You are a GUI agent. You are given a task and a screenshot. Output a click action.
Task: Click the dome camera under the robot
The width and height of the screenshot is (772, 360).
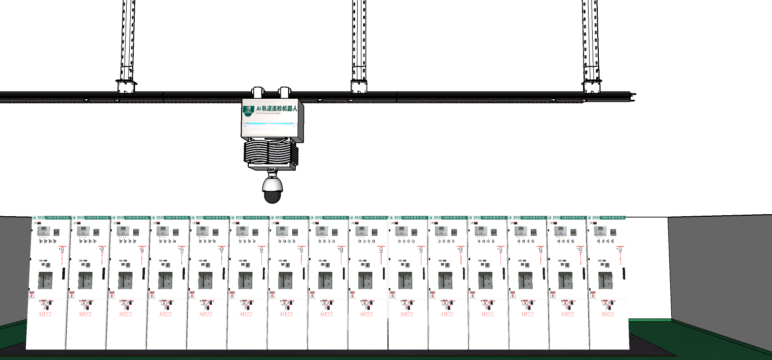[272, 190]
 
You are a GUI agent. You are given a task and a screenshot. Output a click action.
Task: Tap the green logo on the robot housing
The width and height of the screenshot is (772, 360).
[248, 109]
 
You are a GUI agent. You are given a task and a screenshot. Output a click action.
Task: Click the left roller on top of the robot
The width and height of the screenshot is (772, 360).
[258, 92]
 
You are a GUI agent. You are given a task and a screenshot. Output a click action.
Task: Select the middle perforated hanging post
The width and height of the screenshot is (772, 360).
[359, 41]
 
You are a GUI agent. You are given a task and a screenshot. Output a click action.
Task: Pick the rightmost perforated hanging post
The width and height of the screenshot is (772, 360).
[591, 41]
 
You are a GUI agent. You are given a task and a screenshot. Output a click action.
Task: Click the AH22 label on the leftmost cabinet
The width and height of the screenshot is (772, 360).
[45, 314]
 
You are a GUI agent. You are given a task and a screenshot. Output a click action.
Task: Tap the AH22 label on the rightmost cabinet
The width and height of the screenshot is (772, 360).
[607, 314]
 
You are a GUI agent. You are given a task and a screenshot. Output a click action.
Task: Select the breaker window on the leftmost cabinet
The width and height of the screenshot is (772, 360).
[45, 280]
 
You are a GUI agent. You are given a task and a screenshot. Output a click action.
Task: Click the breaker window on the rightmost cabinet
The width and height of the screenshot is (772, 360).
[605, 280]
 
